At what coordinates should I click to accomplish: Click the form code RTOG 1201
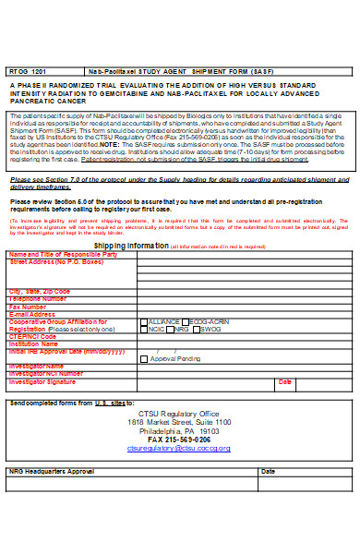pyautogui.click(x=25, y=69)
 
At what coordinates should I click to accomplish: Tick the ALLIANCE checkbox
pyautogui.click(x=143, y=321)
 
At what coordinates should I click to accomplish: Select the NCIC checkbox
pyautogui.click(x=143, y=329)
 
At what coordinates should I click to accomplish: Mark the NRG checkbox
pyautogui.click(x=173, y=329)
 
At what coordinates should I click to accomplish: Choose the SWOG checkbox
pyautogui.click(x=197, y=329)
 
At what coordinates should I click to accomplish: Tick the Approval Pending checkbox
pyautogui.click(x=143, y=358)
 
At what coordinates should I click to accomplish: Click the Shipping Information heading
pyautogui.click(x=131, y=247)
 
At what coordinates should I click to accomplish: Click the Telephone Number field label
pyautogui.click(x=38, y=299)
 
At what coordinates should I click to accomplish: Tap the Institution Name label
pyautogui.click(x=34, y=343)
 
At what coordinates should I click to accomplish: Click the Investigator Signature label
pyautogui.click(x=42, y=380)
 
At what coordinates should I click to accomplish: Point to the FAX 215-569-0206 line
pyautogui.click(x=179, y=439)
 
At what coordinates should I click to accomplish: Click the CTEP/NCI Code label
pyautogui.click(x=32, y=336)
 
